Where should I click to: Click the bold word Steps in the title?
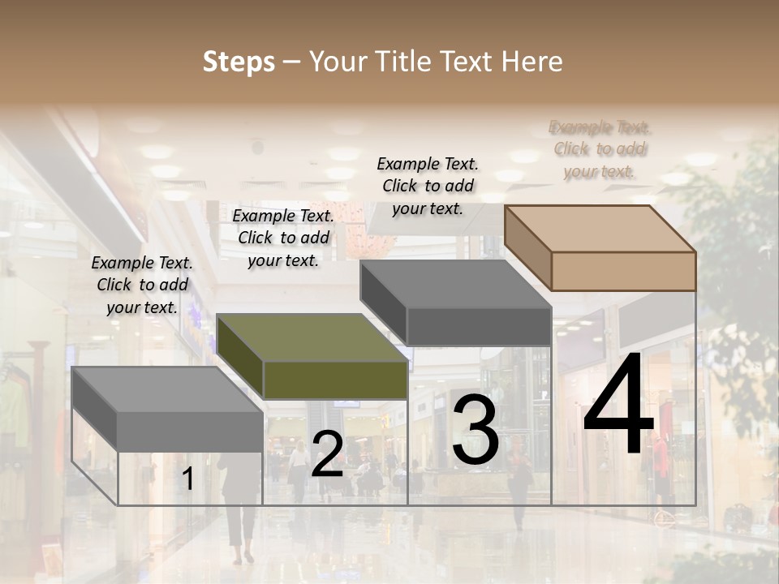click(x=239, y=62)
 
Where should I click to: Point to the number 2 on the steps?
click(x=327, y=455)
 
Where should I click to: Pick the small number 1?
click(x=187, y=479)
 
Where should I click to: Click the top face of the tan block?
click(x=600, y=229)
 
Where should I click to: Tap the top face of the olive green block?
click(x=312, y=337)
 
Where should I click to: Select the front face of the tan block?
click(x=623, y=271)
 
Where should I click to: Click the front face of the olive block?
click(x=335, y=380)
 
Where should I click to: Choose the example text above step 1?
click(x=142, y=285)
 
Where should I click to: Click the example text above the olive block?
click(x=283, y=238)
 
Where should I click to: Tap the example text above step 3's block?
click(x=428, y=186)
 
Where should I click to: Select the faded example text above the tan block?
click(x=600, y=149)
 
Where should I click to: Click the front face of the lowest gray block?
click(x=190, y=431)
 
